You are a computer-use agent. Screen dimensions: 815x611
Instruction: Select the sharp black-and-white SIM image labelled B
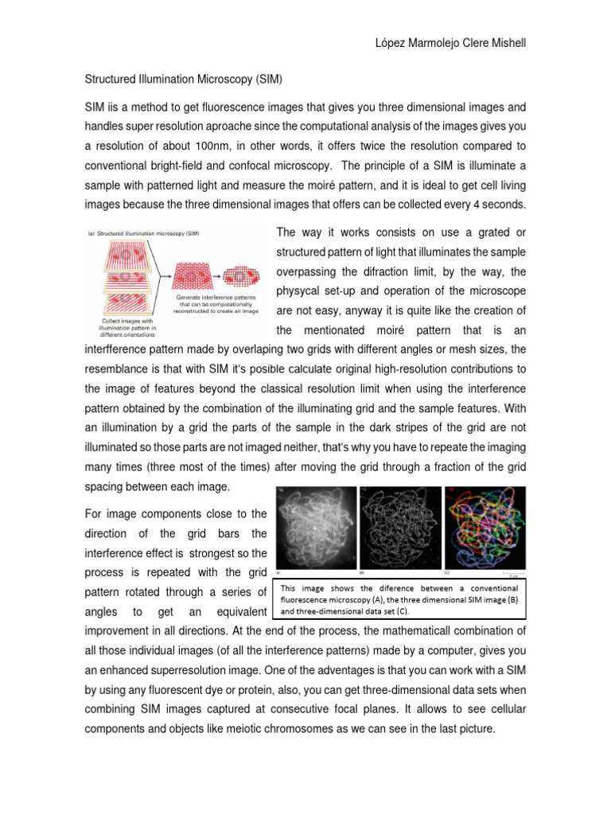tap(399, 528)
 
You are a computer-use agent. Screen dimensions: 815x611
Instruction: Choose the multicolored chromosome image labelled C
tap(484, 528)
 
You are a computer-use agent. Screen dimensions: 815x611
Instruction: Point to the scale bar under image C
tap(514, 571)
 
